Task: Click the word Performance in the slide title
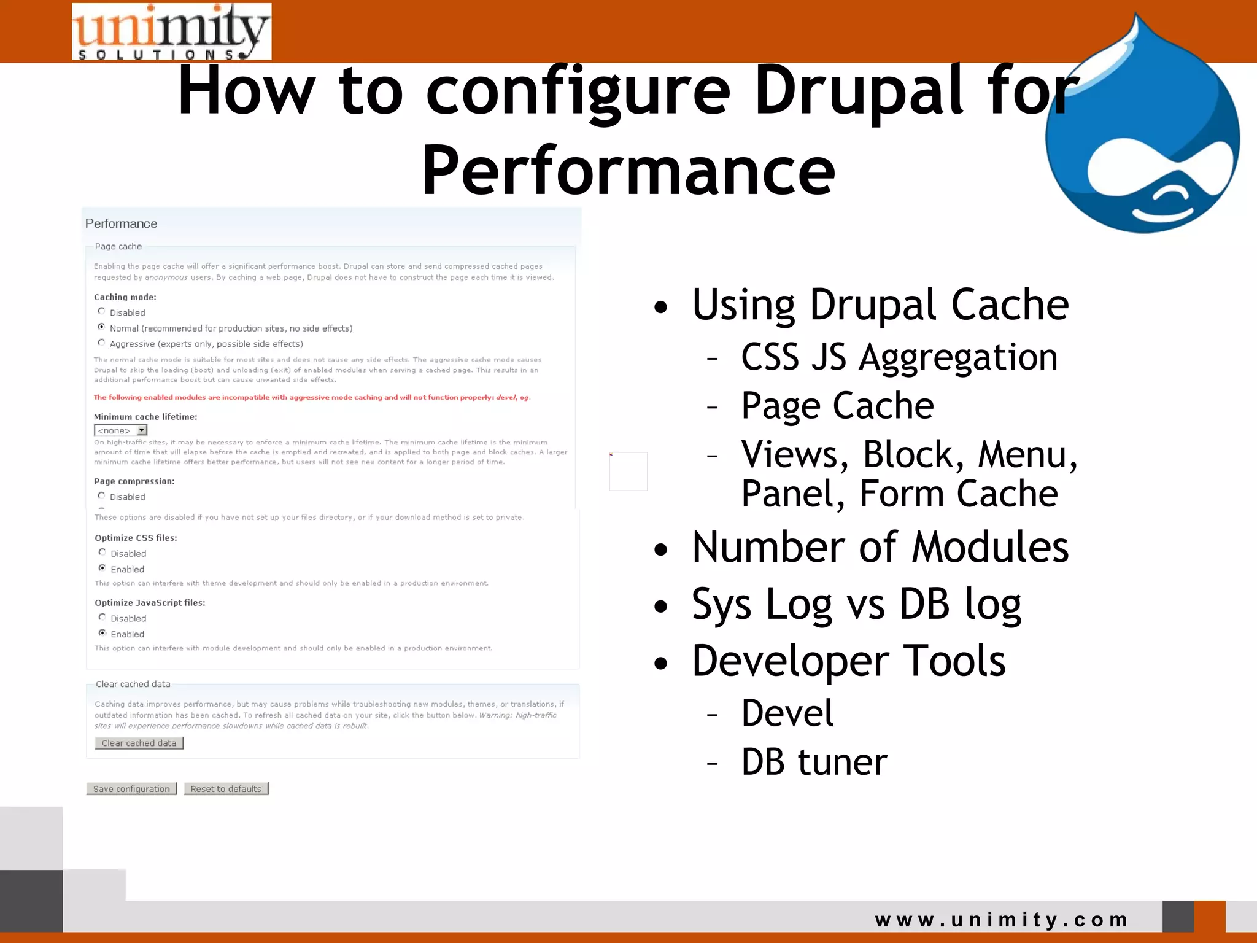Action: point(628,170)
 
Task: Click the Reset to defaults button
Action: point(226,789)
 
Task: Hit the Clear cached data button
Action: point(139,743)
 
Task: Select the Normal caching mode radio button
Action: point(102,327)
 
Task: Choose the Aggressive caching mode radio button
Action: point(102,343)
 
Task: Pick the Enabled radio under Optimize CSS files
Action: point(102,568)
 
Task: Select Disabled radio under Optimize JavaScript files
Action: point(102,617)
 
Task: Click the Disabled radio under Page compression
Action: point(102,495)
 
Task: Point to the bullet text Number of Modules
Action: point(880,547)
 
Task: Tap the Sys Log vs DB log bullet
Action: point(856,604)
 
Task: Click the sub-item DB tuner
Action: point(814,762)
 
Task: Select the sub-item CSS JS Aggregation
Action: point(899,357)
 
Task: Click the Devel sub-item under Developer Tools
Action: point(787,713)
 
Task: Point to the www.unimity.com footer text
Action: point(1001,920)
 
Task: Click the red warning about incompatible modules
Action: point(312,397)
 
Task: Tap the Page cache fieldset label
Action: point(118,246)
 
